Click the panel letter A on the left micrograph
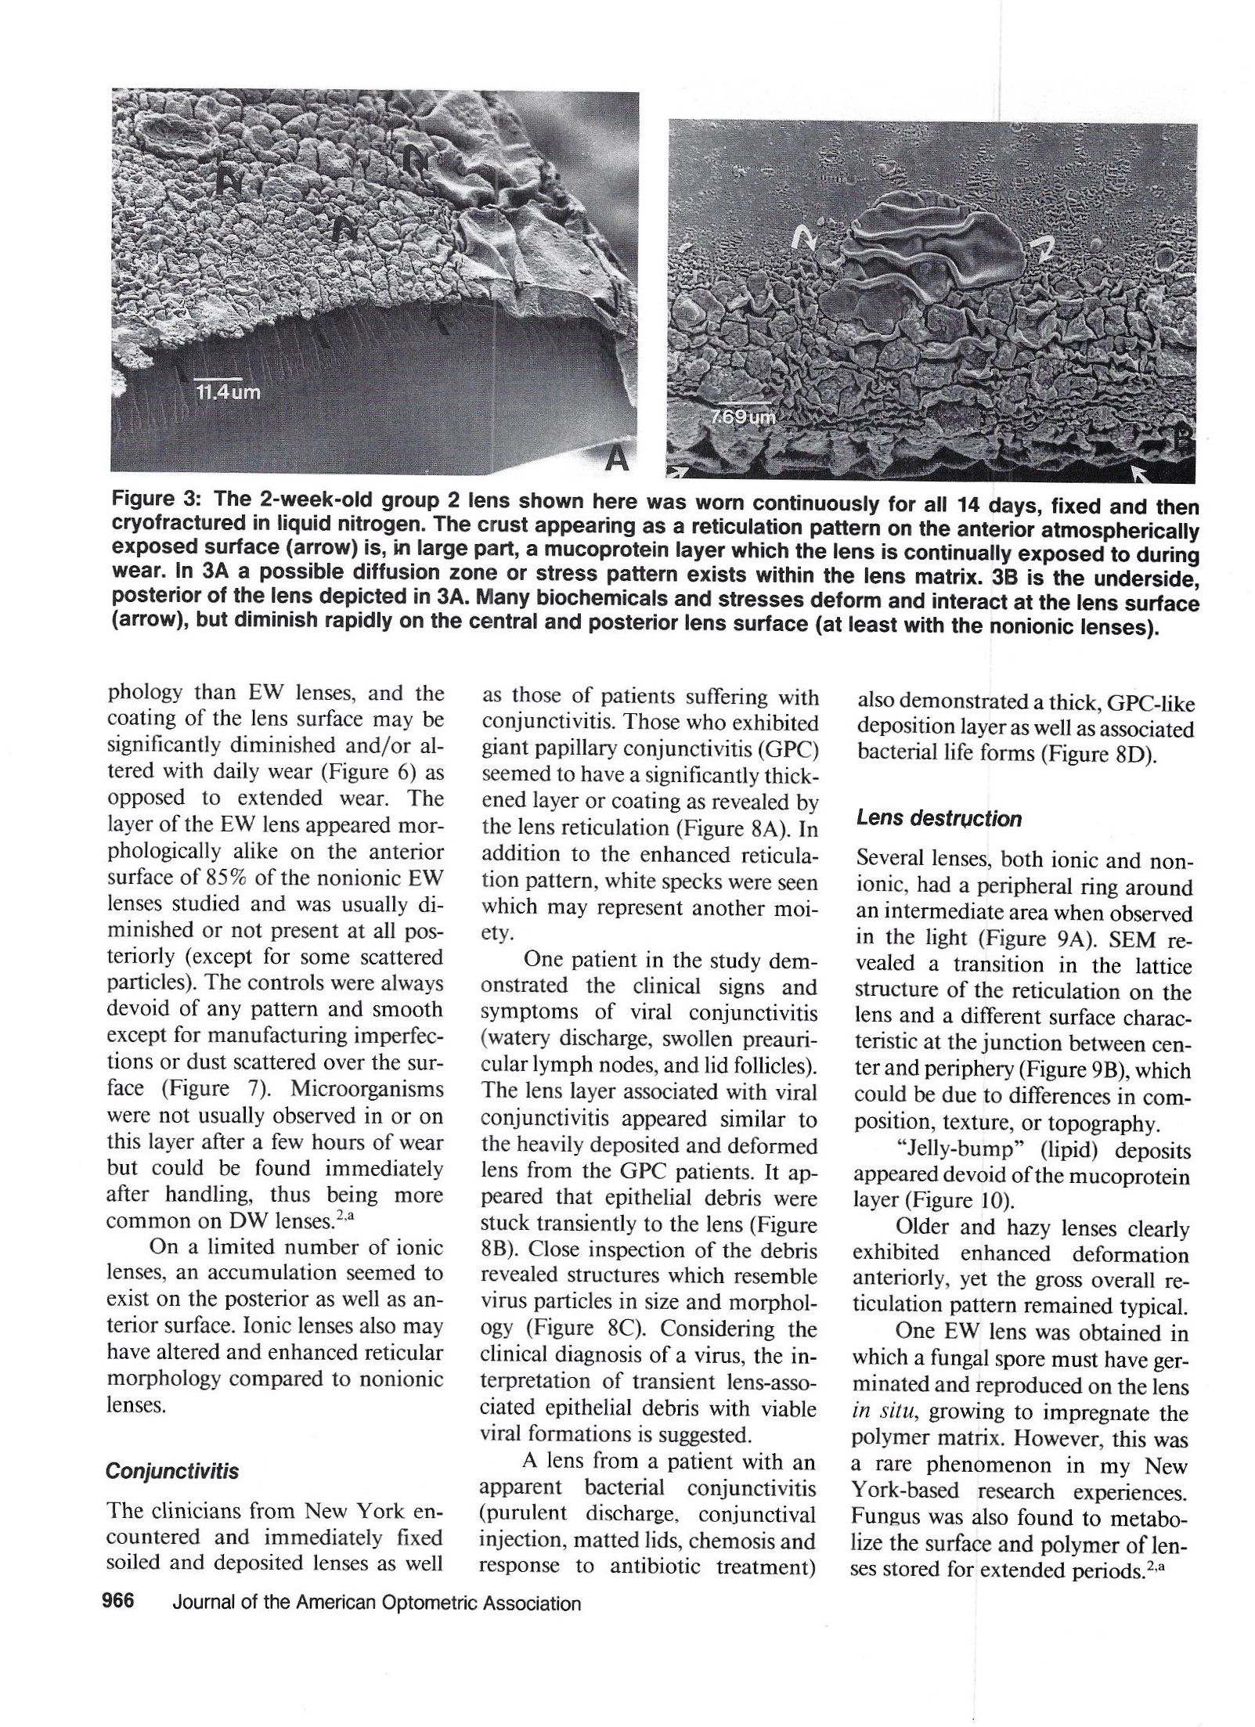point(618,460)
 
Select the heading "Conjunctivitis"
point(172,1494)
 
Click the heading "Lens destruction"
point(939,819)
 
